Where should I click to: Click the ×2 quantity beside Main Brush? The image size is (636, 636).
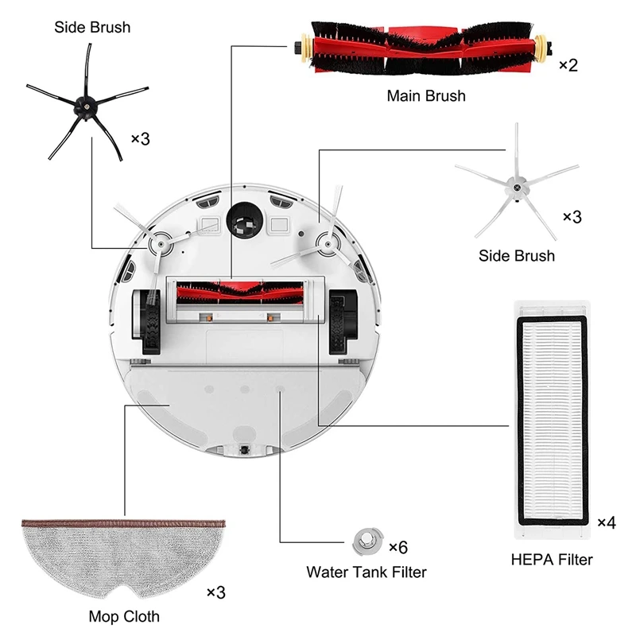click(568, 64)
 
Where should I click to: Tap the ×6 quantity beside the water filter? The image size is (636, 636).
click(397, 547)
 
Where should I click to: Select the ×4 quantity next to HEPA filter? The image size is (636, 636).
click(607, 522)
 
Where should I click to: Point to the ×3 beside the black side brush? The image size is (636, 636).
click(140, 138)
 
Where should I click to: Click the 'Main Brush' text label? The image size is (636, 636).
click(426, 96)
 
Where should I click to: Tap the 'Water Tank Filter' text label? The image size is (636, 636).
click(366, 572)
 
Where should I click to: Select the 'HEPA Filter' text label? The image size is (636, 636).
click(552, 560)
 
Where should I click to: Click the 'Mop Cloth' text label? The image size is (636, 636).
click(124, 616)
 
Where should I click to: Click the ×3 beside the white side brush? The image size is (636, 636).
click(572, 216)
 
